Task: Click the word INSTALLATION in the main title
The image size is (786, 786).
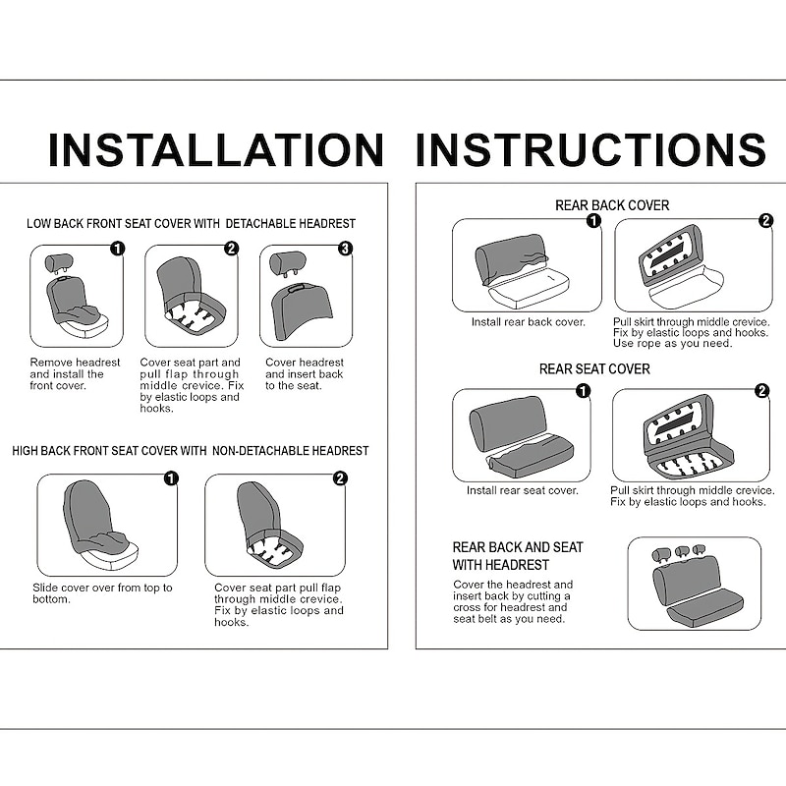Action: [x=216, y=149]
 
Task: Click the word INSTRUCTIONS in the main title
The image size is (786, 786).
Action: [x=591, y=149]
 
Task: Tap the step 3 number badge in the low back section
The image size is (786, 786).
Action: [x=346, y=249]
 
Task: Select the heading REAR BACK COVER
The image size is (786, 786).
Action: [x=612, y=205]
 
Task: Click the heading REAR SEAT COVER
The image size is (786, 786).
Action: [x=594, y=369]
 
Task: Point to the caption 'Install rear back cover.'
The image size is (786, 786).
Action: [x=529, y=322]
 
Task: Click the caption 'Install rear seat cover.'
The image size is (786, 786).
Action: [x=523, y=490]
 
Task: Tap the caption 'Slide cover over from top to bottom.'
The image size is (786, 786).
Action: [x=102, y=593]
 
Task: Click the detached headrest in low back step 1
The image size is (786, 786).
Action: [x=59, y=263]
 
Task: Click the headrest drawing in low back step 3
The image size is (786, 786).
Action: [x=287, y=263]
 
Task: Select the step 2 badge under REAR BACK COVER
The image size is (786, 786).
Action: [x=765, y=220]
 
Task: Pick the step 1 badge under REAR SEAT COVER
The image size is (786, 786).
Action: [x=583, y=390]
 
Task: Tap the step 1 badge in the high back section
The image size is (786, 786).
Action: [x=171, y=478]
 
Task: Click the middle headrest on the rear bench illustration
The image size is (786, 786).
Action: [x=682, y=552]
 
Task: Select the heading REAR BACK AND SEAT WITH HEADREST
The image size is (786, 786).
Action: [x=518, y=556]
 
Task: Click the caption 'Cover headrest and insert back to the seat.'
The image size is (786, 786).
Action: [x=305, y=374]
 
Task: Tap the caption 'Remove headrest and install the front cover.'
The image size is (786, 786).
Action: [x=75, y=374]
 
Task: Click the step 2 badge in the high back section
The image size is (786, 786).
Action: [x=340, y=478]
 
